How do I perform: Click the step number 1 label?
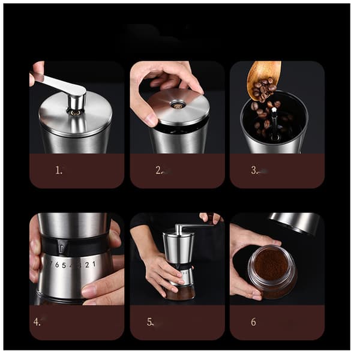click(59, 170)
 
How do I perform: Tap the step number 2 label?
click(159, 170)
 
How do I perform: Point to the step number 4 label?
click(37, 322)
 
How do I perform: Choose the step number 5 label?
click(151, 322)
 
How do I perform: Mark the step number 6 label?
click(253, 322)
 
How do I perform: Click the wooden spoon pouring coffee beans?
click(264, 80)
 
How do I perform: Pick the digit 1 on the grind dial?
click(94, 264)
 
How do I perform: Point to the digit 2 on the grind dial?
click(87, 265)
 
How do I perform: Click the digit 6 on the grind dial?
click(56, 265)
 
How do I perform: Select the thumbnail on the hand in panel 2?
click(151, 119)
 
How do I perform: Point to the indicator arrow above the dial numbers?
click(62, 248)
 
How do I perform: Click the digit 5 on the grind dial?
click(64, 265)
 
